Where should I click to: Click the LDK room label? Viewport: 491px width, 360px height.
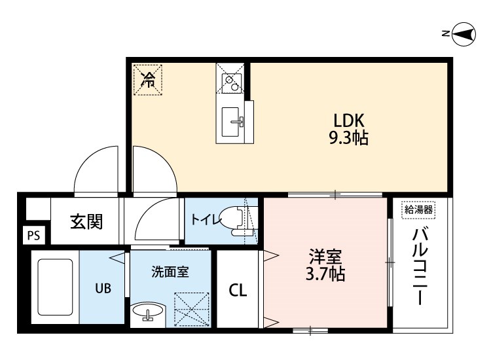(x=349, y=121)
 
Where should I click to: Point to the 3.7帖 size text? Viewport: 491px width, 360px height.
(x=325, y=274)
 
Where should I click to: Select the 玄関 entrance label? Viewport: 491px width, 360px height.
(x=86, y=222)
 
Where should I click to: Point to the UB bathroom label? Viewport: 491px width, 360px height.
(x=103, y=287)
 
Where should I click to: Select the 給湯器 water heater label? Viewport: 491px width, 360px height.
(x=418, y=209)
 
